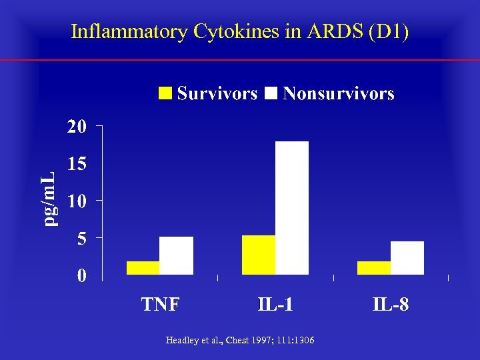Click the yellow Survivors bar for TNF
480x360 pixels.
tap(143, 267)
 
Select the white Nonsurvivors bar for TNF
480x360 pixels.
tap(177, 255)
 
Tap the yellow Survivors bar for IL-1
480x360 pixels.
tap(259, 255)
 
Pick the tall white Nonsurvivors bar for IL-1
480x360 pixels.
tap(292, 207)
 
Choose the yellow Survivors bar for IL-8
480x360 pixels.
tap(374, 267)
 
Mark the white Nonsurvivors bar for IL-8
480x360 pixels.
tap(407, 257)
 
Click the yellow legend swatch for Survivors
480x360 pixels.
tap(165, 93)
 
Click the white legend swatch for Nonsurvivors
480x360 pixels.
tap(271, 93)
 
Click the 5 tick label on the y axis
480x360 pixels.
tap(81, 239)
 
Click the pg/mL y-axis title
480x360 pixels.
tap(47, 199)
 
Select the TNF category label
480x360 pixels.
tap(160, 305)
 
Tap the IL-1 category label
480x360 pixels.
tap(275, 305)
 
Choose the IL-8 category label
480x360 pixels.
tap(391, 305)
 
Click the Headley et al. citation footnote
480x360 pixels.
tap(240, 341)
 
